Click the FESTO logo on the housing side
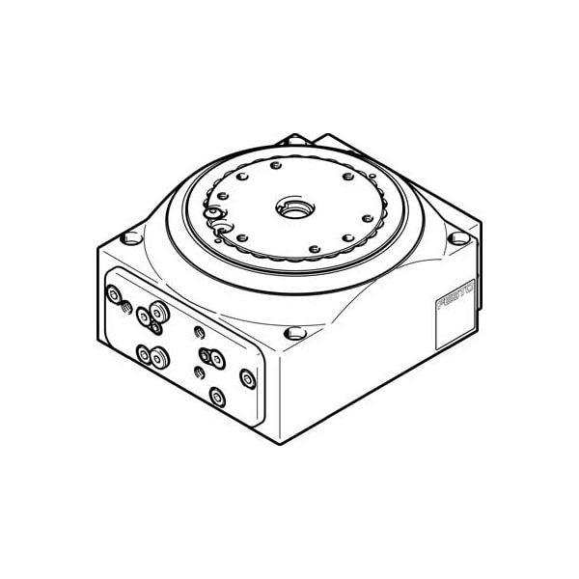pos(455,296)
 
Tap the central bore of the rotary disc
pos(295,207)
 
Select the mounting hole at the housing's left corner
pos(131,238)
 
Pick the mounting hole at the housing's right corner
pos(458,238)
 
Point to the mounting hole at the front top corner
pos(295,334)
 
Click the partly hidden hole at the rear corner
pos(294,140)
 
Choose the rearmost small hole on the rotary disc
pos(275,165)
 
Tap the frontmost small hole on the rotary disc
pos(315,249)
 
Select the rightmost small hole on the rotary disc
pos(368,218)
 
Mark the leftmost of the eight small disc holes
pos(223,196)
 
